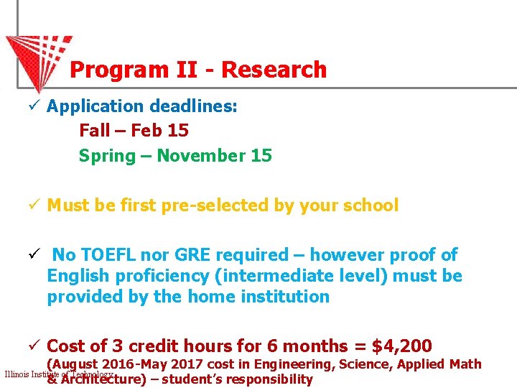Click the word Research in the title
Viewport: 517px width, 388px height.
(274, 70)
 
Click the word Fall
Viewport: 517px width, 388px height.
(95, 131)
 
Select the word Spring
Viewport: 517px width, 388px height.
(107, 155)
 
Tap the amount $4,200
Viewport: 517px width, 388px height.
(402, 346)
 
